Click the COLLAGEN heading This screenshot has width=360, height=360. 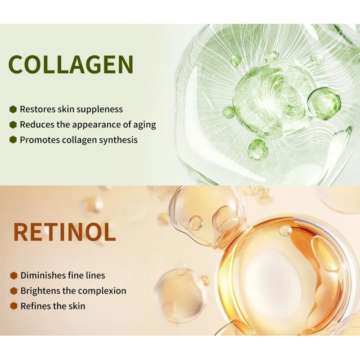[x=71, y=64]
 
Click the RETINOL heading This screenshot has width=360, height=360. [x=64, y=232]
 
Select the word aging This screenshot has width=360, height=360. [x=144, y=125]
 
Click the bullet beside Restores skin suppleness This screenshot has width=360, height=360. [x=13, y=109]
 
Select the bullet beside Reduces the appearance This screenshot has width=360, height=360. [x=13, y=125]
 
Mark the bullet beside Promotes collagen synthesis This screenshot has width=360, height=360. [x=13, y=140]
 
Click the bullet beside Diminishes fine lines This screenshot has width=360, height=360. [x=14, y=275]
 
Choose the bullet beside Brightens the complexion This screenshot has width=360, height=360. [x=14, y=291]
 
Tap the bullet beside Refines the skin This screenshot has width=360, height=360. [x=14, y=306]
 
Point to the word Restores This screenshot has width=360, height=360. [x=37, y=109]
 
